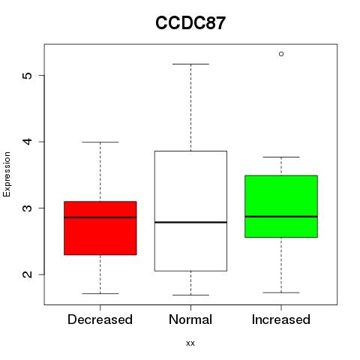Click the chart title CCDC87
[190, 23]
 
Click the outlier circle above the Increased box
[281, 54]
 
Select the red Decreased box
[100, 228]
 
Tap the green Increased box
[281, 206]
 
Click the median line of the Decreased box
[100, 217]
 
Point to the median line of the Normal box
[190, 222]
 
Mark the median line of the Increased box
[281, 217]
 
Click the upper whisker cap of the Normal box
[190, 64]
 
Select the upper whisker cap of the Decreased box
[100, 142]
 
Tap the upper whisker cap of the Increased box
[281, 157]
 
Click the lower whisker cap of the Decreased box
[100, 293]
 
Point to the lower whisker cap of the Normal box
[190, 295]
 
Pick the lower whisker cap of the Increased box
[281, 292]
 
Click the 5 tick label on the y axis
[28, 75]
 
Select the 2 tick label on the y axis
[28, 274]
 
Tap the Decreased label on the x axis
[100, 319]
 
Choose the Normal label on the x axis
[190, 319]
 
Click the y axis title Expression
[7, 174]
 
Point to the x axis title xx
[190, 343]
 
